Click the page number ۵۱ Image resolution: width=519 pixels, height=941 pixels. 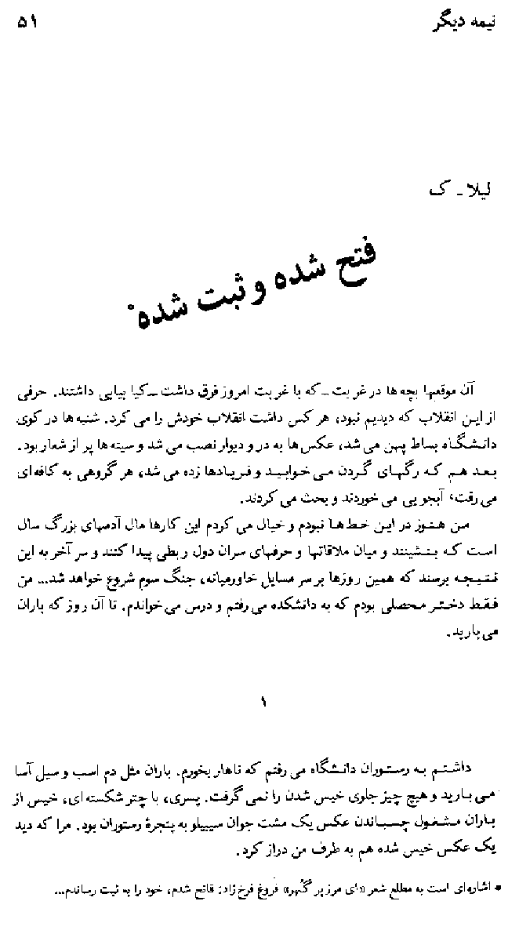pyautogui.click(x=27, y=24)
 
